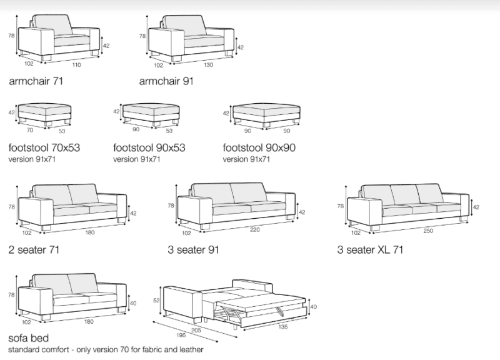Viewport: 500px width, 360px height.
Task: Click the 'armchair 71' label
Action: (x=36, y=81)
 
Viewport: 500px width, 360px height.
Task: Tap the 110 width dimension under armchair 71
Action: (x=76, y=65)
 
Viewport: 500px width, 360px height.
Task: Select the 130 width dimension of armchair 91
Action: (x=208, y=65)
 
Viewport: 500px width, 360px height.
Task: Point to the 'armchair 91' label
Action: (x=166, y=81)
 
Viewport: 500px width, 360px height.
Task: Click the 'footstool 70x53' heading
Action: (x=44, y=147)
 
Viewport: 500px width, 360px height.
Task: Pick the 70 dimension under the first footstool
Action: (x=29, y=130)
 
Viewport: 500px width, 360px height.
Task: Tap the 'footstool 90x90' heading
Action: (x=259, y=147)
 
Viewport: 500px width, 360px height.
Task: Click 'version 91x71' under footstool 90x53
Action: (x=136, y=159)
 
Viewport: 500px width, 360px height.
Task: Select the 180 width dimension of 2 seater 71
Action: (x=90, y=232)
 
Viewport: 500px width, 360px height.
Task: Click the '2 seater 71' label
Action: (x=34, y=249)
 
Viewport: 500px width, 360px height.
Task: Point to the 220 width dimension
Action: (x=255, y=229)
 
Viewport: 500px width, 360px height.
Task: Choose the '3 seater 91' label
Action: (x=193, y=249)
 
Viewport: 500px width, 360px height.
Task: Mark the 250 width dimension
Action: (x=428, y=231)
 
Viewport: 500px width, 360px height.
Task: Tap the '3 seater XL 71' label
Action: (x=370, y=249)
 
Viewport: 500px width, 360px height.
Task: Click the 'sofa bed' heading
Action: (x=28, y=338)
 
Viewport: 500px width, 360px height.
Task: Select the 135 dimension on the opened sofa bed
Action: (x=283, y=326)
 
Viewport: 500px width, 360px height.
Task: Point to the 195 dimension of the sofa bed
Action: (x=181, y=335)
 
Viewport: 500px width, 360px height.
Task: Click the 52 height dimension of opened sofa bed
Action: (x=156, y=301)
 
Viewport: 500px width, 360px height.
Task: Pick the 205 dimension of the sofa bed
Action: (x=196, y=331)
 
